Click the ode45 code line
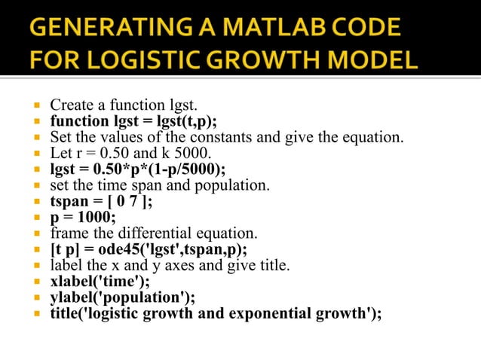149,250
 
